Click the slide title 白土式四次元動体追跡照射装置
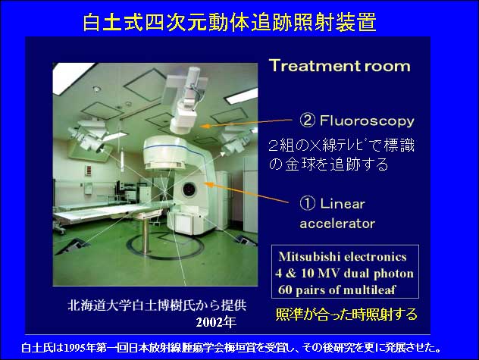coord(230,22)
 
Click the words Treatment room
coord(340,66)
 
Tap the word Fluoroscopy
coord(367,121)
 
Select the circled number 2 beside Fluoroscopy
coord(307,121)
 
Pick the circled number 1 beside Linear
coord(307,203)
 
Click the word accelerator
coord(337,224)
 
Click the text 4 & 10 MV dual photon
coord(344,273)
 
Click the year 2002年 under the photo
coord(216,322)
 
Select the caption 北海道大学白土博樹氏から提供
coord(157,305)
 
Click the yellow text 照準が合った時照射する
coord(346,315)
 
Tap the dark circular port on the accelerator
coord(189,189)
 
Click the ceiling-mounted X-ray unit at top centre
coord(185,100)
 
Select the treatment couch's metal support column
coord(146,236)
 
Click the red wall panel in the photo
coord(89,171)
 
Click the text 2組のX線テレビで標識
coord(341,146)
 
